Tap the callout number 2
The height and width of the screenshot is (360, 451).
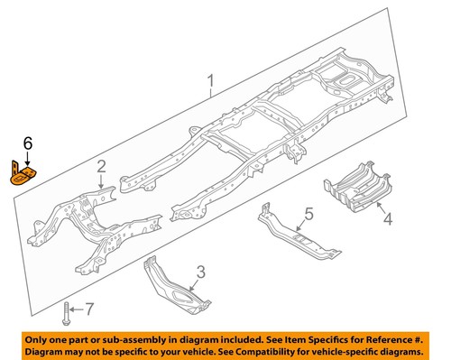[102, 165]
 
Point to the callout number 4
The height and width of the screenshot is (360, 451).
[388, 217]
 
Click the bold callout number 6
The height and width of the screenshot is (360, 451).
[27, 143]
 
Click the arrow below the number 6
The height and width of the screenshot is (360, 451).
[27, 154]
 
